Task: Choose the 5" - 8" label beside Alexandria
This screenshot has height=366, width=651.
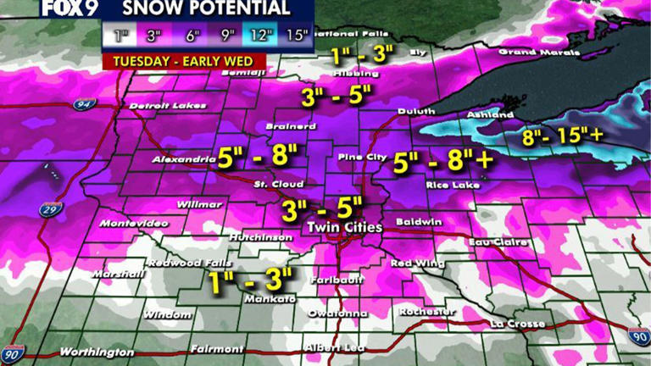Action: (x=256, y=156)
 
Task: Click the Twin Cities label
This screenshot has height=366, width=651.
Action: (x=344, y=228)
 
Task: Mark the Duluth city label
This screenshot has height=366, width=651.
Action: (x=415, y=111)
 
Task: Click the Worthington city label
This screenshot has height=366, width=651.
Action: (x=96, y=352)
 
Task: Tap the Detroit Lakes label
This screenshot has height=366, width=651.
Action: (x=163, y=106)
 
